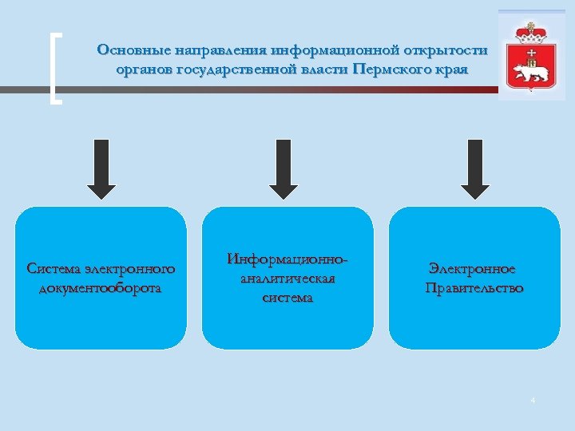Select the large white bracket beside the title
54,69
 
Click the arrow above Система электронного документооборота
101,168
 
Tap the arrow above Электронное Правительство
475,168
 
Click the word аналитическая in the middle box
287,279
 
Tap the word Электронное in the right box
472,269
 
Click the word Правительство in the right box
474,287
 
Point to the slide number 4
533,399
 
